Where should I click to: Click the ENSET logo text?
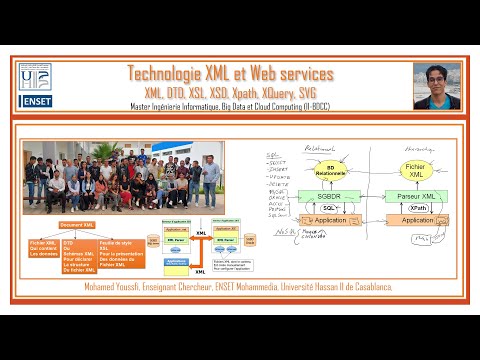38,102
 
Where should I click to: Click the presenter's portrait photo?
437,86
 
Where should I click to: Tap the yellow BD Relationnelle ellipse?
329,170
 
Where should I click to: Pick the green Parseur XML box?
415,195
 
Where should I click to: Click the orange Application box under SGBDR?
331,220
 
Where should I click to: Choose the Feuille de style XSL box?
118,256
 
